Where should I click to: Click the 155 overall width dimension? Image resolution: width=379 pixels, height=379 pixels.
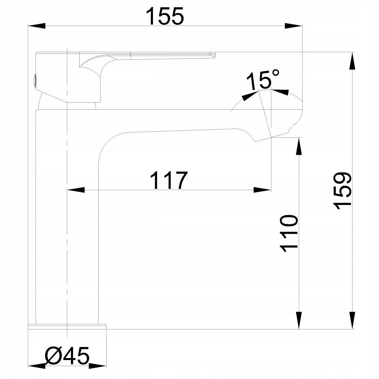coord(165,16)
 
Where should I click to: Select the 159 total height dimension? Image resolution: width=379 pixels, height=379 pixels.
coord(342,191)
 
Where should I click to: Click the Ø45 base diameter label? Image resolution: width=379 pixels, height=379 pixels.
coord(67,355)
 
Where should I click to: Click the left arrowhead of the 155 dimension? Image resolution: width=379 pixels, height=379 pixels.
coord(37,26)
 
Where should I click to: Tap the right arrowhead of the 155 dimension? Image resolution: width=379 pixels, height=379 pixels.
coord(293,26)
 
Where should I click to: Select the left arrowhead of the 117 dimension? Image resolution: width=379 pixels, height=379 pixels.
coord(76,190)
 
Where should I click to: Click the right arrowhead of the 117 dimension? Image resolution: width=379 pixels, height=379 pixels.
coord(262,190)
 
